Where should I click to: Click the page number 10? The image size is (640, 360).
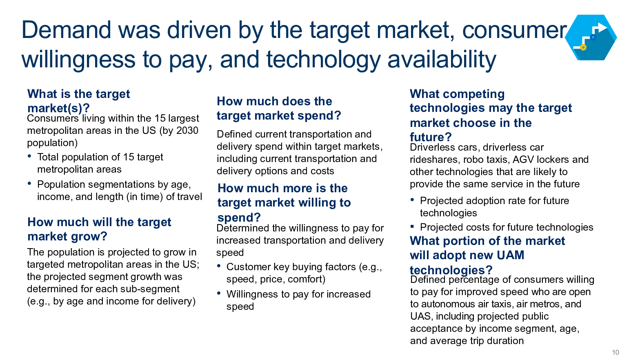pyautogui.click(x=616, y=352)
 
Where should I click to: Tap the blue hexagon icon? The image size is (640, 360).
pyautogui.click(x=591, y=38)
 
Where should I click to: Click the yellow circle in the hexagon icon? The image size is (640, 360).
pyautogui.click(x=583, y=47)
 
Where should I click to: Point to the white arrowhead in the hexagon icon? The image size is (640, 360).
pyautogui.click(x=602, y=28)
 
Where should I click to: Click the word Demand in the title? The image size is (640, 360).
pyautogui.click(x=66, y=30)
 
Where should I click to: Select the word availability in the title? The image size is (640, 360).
pyautogui.click(x=442, y=60)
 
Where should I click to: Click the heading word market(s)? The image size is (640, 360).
pyautogui.click(x=59, y=108)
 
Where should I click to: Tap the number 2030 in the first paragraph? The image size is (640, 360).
pyautogui.click(x=187, y=130)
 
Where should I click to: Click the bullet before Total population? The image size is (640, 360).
pyautogui.click(x=29, y=156)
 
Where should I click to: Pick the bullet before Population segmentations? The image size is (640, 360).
pyautogui.click(x=29, y=183)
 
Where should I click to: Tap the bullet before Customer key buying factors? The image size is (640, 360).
pyautogui.click(x=219, y=266)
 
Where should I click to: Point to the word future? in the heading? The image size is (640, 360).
pyautogui.click(x=431, y=137)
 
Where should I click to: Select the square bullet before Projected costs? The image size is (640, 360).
pyautogui.click(x=412, y=227)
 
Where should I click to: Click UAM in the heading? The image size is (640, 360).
pyautogui.click(x=511, y=255)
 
